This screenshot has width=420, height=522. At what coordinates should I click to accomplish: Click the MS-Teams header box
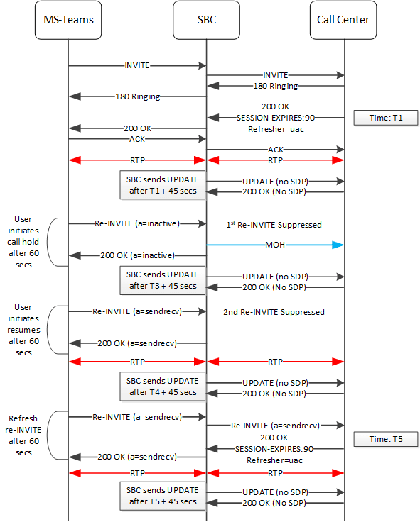point(68,20)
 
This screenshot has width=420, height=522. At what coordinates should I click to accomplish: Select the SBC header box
point(206,20)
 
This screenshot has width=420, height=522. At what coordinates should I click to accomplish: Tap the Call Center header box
point(344,20)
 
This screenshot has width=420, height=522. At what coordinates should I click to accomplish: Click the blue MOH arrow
point(276,245)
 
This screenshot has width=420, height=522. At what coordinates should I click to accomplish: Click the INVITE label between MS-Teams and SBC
point(137,65)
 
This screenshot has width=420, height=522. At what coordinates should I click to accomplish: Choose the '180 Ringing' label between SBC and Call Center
point(276,86)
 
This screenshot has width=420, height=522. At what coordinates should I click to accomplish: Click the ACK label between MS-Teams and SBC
point(137,139)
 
